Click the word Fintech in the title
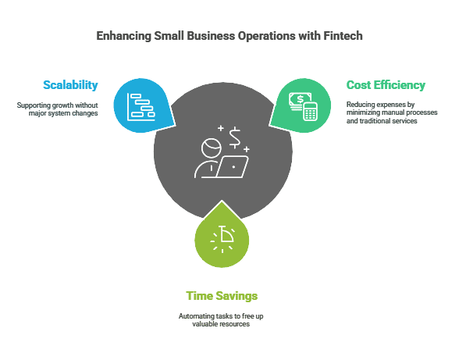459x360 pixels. click(x=343, y=36)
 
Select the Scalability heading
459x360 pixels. click(x=70, y=85)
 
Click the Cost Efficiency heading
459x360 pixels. click(x=386, y=85)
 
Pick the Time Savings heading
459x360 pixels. click(x=222, y=296)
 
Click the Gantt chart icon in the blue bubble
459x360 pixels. click(x=141, y=107)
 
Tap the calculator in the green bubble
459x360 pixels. click(x=310, y=112)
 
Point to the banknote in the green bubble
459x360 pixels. click(x=299, y=100)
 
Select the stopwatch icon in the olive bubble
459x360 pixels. click(x=223, y=238)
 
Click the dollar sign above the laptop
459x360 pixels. click(x=235, y=138)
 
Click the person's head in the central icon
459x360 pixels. click(x=211, y=148)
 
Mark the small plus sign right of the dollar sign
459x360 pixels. click(x=247, y=149)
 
